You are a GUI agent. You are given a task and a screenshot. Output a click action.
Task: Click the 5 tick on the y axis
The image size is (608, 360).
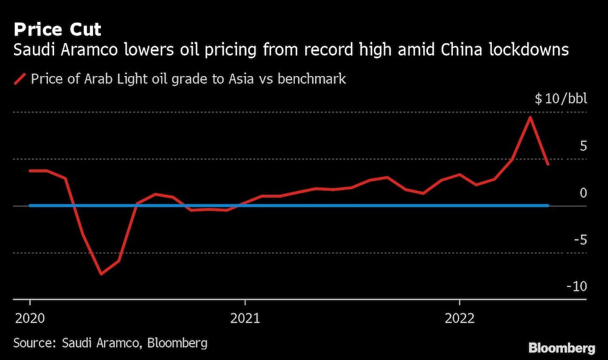coord(583,146)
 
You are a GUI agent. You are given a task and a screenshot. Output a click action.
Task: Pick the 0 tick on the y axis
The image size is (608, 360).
coord(583,193)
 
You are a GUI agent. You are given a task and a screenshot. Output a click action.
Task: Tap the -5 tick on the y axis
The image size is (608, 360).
coord(580,240)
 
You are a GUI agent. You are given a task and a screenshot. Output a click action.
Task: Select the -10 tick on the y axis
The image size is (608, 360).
coord(578,286)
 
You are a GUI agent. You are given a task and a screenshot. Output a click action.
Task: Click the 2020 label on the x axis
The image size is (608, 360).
coord(30,317)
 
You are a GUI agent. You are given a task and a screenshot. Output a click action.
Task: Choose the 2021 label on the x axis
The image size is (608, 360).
coord(244,317)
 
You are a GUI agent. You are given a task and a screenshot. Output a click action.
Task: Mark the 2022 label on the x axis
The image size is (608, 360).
coord(459,317)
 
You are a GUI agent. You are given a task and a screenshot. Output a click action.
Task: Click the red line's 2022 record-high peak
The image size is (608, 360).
coord(531,117)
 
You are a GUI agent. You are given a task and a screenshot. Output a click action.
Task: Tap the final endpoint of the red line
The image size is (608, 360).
coord(548,164)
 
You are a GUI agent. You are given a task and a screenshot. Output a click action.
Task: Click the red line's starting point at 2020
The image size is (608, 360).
coord(30,171)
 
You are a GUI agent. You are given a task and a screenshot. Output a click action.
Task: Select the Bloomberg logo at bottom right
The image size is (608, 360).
coord(561,348)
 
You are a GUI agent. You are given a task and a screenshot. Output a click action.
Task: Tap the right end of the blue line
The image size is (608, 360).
coord(548,206)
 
